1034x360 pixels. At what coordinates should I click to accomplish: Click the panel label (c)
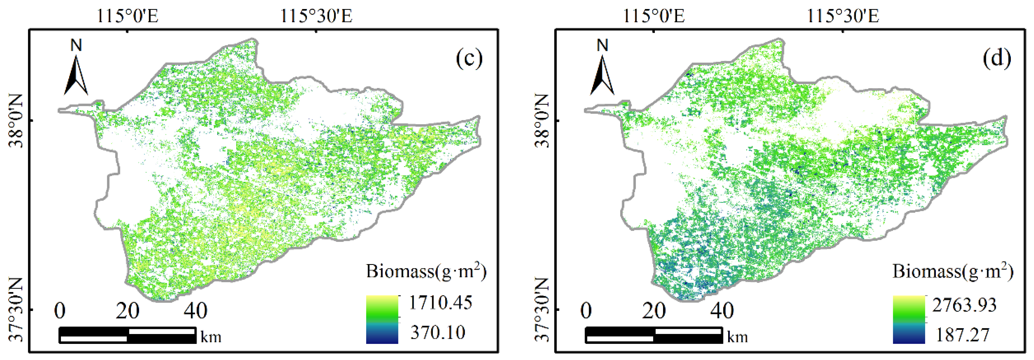click(469, 59)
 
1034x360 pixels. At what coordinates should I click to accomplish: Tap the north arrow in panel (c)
click(76, 76)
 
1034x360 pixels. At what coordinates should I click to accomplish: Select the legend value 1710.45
click(440, 303)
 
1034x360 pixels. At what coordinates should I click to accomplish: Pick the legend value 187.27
click(962, 335)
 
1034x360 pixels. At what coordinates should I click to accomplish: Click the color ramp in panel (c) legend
click(382, 319)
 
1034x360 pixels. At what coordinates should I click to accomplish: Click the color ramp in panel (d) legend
click(909, 319)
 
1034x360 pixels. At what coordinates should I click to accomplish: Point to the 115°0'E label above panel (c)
click(127, 16)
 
